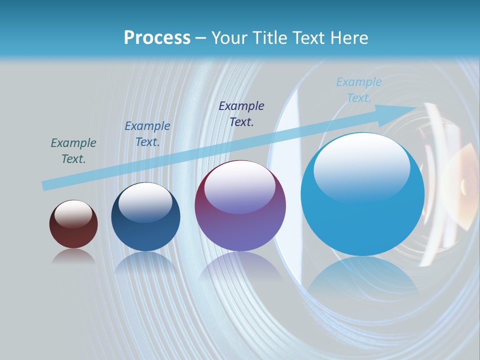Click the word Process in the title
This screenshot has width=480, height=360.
[x=157, y=38]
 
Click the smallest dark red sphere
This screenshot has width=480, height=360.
[x=73, y=224]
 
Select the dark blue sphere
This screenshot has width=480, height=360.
[x=145, y=217]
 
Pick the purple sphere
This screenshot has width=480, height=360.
[x=240, y=205]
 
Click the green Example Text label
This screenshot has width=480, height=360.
[x=73, y=151]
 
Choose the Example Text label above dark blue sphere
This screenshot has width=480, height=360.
[x=147, y=134]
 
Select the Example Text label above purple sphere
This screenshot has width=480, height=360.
[x=241, y=114]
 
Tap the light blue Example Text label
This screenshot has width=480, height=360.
[x=359, y=90]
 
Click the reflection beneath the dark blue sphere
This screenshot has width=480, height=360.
[x=145, y=263]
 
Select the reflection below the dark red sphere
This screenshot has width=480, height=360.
[x=73, y=257]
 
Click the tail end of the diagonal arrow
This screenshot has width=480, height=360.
[x=44, y=186]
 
